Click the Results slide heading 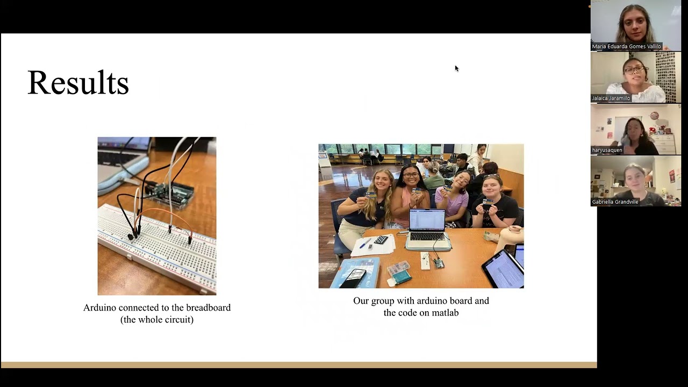(78, 83)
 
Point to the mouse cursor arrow (456, 68)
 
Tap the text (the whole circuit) (157, 320)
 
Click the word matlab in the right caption (445, 313)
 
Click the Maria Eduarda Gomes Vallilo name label (626, 47)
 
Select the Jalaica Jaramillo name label (611, 98)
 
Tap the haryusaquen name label (607, 150)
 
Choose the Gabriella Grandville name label (615, 202)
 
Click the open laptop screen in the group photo (427, 221)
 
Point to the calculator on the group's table (381, 240)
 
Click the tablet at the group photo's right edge (505, 269)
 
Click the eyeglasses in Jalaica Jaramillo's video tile (634, 70)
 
